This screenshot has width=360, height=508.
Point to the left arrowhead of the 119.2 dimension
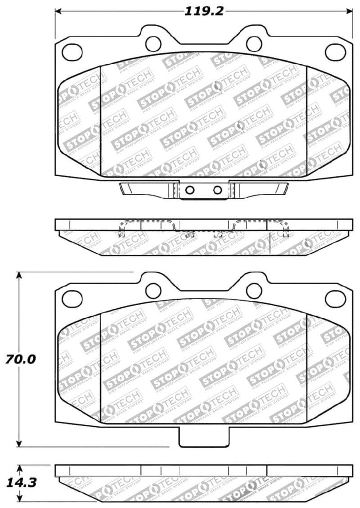coord(58,10)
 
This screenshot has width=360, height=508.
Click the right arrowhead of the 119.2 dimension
coord(349,10)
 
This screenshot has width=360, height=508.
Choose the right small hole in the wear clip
coord(217,190)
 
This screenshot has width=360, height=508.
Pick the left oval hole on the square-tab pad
coord(73,298)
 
